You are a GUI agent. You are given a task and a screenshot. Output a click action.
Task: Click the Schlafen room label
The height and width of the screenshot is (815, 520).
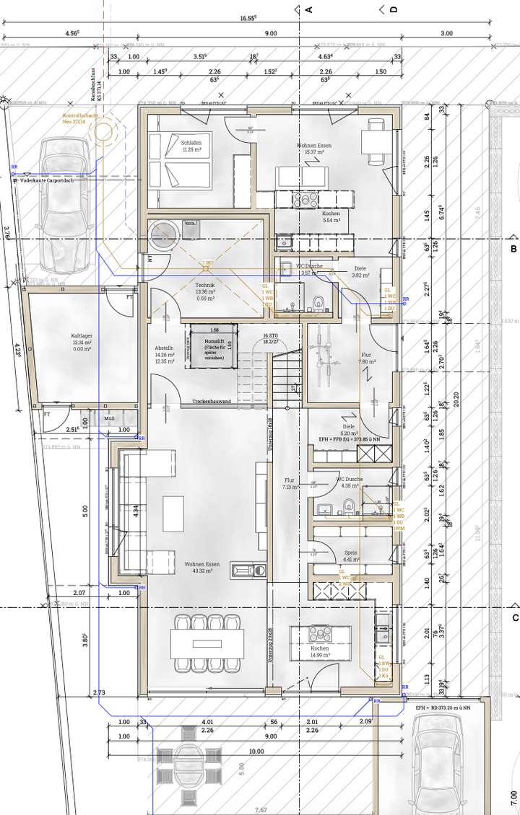(x=191, y=143)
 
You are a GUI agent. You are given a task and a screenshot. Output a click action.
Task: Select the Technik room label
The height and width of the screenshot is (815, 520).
(x=206, y=286)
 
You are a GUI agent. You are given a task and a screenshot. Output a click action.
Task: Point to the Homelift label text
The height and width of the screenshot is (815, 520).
(x=214, y=341)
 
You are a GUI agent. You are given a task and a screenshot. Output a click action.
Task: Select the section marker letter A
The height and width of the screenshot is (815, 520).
(x=308, y=9)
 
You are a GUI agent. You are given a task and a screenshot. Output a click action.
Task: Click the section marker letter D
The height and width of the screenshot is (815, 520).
(x=394, y=9)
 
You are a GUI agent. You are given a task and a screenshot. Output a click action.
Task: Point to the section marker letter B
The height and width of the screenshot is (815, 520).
(x=513, y=250)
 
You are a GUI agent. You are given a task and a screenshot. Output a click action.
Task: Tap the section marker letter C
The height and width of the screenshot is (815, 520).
(x=515, y=618)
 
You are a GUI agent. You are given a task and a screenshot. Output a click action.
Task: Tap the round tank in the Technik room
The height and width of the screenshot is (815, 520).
(x=165, y=235)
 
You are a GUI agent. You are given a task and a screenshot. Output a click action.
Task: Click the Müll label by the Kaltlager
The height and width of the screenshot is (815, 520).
(x=109, y=418)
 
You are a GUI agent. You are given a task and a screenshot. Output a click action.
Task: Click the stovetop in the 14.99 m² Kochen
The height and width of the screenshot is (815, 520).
(x=318, y=633)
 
